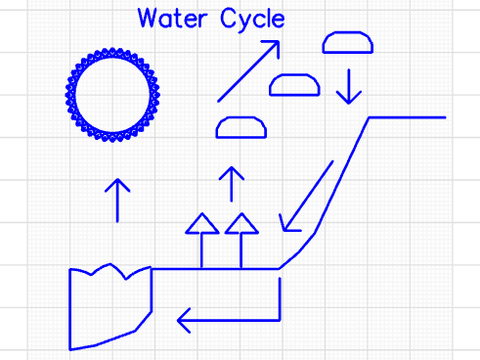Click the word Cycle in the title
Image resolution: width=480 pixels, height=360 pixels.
(253, 20)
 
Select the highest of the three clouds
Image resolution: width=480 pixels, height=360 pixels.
(348, 42)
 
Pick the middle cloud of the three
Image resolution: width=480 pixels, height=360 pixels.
(294, 85)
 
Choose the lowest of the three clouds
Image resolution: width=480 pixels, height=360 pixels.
(241, 127)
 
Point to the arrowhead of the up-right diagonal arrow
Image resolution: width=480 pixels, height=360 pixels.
(274, 46)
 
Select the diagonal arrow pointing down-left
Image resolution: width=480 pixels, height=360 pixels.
(307, 197)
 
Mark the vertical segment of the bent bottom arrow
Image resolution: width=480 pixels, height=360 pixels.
(280, 297)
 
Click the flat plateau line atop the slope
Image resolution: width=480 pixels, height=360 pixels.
(407, 117)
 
